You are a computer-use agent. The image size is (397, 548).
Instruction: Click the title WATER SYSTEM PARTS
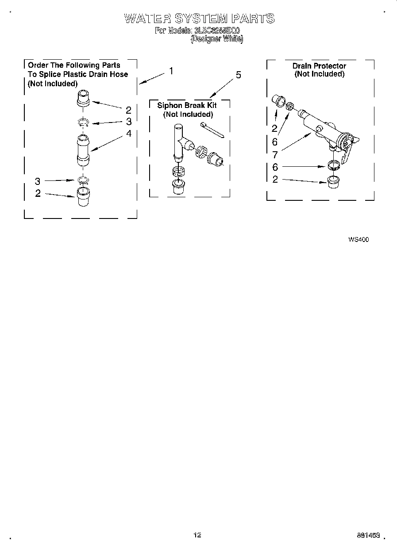[x=199, y=19]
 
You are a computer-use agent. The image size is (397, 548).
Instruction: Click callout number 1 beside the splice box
[x=171, y=71]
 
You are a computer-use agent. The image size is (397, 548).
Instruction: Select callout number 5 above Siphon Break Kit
[x=239, y=75]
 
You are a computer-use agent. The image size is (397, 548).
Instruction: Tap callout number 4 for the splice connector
[x=128, y=133]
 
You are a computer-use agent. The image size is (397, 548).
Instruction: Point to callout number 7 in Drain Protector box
[x=275, y=155]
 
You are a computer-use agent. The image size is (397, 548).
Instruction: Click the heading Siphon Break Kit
[x=187, y=106]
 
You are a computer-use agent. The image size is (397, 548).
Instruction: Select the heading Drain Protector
[x=319, y=66]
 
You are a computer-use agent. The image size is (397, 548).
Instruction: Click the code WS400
[x=358, y=240]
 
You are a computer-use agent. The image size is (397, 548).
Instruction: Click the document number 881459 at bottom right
[x=368, y=535]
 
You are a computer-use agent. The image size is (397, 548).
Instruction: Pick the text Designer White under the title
[x=216, y=39]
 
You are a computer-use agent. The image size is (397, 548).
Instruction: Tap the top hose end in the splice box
[x=83, y=98]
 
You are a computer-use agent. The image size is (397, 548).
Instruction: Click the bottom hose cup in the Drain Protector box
[x=334, y=181]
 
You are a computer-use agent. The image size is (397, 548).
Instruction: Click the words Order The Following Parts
[x=74, y=65]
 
